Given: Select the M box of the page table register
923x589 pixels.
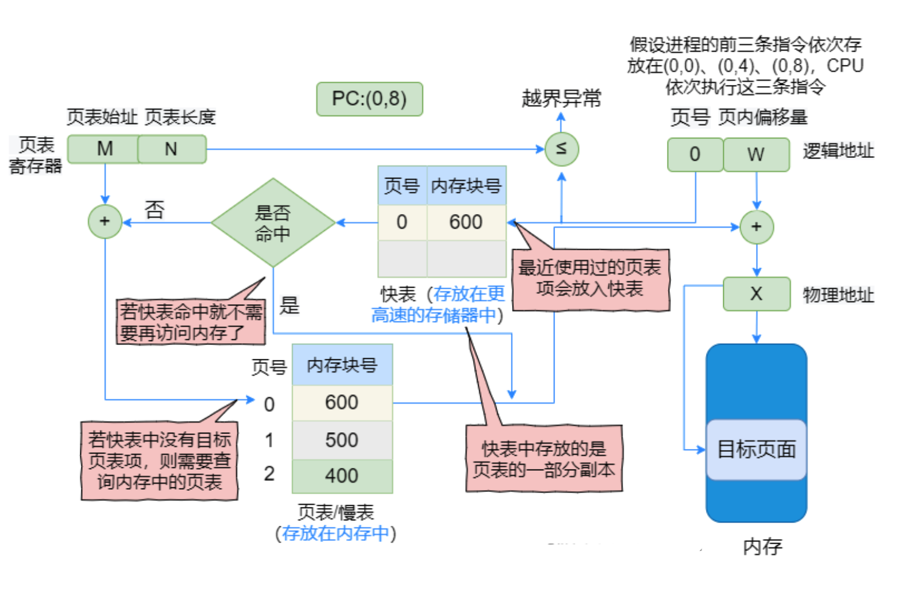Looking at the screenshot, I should tap(104, 149).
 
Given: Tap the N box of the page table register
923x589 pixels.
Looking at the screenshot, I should tap(172, 149).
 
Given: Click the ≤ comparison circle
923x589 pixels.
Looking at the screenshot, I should tap(561, 149).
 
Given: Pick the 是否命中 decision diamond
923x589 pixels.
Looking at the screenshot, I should tap(273, 223).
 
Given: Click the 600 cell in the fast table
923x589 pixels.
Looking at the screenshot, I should tap(466, 222).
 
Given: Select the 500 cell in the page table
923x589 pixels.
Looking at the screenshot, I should tap(342, 440).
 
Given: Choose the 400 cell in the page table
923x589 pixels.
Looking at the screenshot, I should tap(342, 476).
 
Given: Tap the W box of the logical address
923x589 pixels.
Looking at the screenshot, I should tap(756, 154).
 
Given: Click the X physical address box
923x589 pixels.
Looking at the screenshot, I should tap(756, 294).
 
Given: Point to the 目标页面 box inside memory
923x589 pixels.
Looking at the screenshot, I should tap(756, 449).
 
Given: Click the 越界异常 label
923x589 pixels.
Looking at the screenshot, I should tap(561, 99).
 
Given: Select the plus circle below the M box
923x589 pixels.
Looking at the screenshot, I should tap(104, 221).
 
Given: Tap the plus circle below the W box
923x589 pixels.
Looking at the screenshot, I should tap(756, 227).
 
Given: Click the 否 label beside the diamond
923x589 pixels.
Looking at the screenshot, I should tap(154, 210).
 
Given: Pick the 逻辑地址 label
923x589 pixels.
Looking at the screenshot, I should tap(838, 151).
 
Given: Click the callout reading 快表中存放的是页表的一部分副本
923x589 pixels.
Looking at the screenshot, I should tap(544, 459).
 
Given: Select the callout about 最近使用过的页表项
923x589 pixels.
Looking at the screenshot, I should tap(590, 279).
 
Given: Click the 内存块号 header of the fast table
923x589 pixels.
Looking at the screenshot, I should tap(466, 186).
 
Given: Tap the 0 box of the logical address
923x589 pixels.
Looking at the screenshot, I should tap(695, 154).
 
